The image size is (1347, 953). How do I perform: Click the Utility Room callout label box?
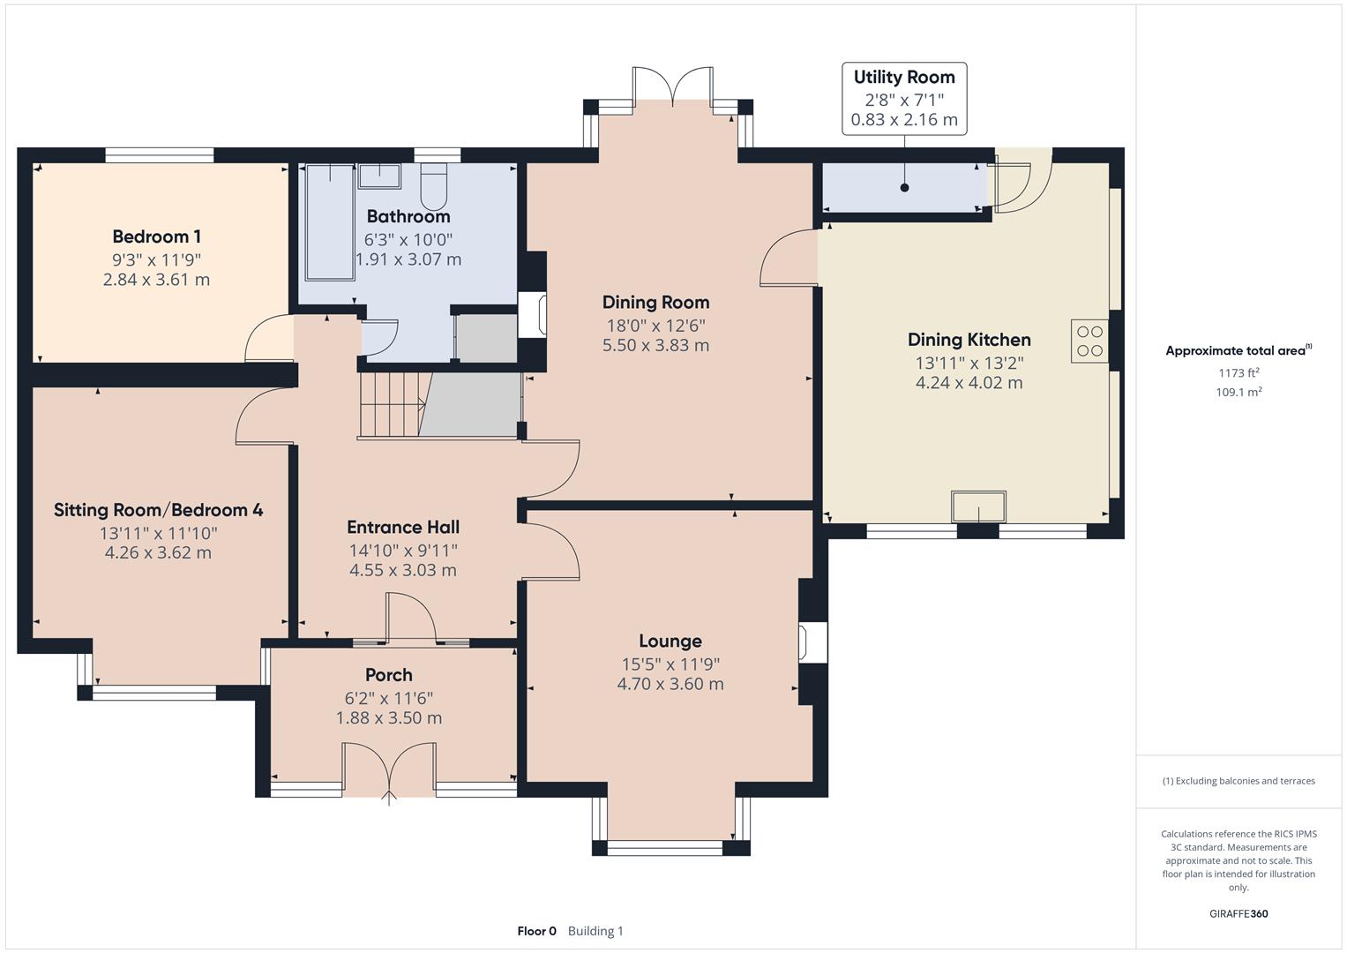pos(903,98)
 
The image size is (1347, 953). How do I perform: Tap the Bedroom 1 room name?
pos(156,236)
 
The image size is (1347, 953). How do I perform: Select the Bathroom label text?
pos(408,216)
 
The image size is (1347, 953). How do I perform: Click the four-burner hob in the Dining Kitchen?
pos(1089,341)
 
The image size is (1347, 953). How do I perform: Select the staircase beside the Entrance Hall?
pos(392,404)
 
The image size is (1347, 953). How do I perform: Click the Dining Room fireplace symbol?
pos(532,315)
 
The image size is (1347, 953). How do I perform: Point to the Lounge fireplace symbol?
pos(812,642)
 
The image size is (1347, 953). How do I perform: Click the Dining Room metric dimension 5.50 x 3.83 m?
pos(655,345)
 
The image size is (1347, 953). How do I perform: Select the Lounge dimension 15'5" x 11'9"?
pos(670,664)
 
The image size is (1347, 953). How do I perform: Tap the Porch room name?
pos(388,675)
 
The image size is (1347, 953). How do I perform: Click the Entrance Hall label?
pos(402,528)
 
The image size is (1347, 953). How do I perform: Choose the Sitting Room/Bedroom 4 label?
pos(158,510)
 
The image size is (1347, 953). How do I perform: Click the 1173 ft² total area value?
pos(1238,373)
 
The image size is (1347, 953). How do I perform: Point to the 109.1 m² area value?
pos(1238,393)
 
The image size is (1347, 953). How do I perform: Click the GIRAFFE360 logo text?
pos(1238,914)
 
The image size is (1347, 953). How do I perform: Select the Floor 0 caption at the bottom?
pos(536,931)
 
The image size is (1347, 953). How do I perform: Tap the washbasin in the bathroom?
pos(379,175)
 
